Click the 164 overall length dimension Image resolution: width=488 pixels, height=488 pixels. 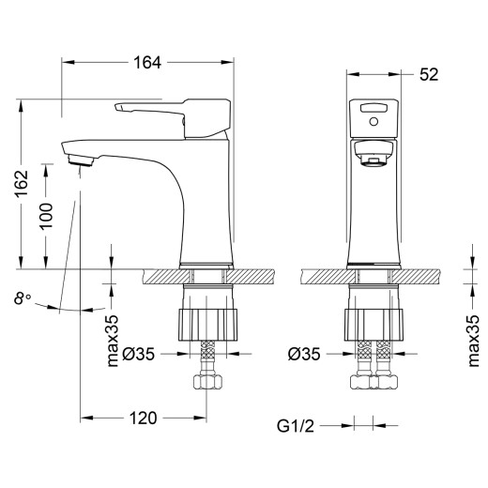(x=146, y=62)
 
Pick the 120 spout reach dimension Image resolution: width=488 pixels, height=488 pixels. (x=141, y=418)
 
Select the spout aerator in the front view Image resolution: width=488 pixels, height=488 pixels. (x=374, y=161)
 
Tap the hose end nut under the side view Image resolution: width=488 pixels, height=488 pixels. (x=207, y=383)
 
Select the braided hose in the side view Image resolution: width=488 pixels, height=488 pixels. (x=207, y=357)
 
